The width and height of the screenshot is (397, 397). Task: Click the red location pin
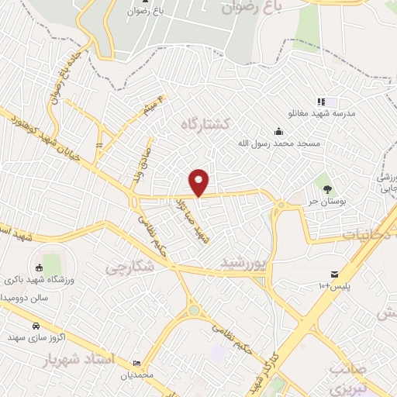(199, 182)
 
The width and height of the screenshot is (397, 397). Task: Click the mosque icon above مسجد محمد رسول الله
(278, 131)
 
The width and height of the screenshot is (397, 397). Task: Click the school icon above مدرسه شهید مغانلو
(320, 102)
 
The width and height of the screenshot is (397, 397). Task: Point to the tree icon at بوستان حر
(327, 188)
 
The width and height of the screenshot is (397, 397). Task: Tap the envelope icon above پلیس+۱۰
(334, 274)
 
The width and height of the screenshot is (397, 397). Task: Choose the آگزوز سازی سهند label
(39, 338)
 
